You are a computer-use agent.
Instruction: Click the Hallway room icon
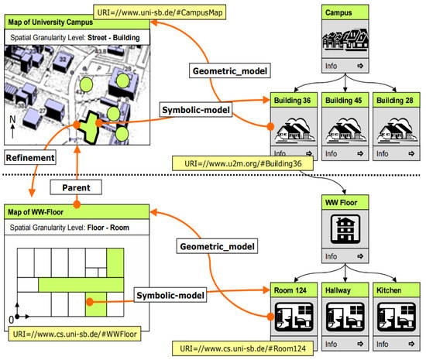[x=343, y=318]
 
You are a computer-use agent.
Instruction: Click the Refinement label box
[x=29, y=157]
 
